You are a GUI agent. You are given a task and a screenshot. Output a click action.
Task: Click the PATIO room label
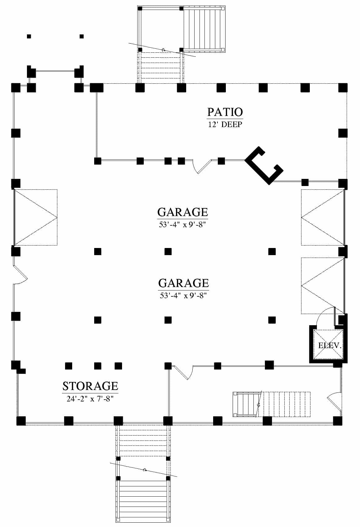(225, 112)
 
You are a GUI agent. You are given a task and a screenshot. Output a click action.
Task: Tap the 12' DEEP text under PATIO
(225, 124)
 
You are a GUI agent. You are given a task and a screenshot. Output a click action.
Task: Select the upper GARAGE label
(183, 212)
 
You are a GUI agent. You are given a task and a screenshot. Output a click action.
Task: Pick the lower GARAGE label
(184, 283)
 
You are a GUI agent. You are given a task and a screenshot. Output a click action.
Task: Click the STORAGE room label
(90, 386)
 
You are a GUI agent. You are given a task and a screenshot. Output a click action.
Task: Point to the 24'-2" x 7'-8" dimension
(90, 399)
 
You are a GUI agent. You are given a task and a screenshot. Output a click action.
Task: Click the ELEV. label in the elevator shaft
(330, 345)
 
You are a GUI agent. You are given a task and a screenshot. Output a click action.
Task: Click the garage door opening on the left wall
(36, 217)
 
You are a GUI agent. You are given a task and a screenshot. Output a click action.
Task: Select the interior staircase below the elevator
(272, 404)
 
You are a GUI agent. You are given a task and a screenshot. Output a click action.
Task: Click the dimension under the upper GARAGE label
(182, 224)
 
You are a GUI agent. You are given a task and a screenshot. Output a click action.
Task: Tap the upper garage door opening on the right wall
(323, 217)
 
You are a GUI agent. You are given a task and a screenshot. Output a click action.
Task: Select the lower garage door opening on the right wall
(323, 286)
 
